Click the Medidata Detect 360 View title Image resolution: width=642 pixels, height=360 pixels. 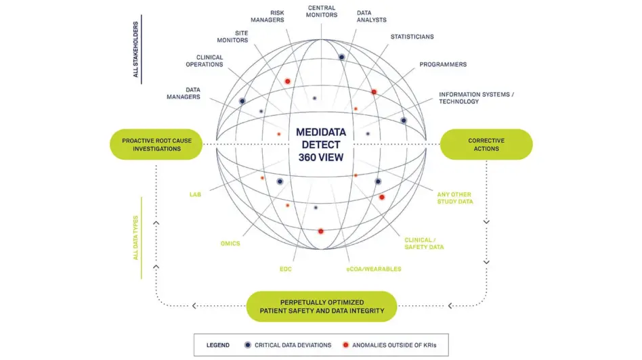(321, 144)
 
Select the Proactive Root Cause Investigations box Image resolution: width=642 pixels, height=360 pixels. (156, 144)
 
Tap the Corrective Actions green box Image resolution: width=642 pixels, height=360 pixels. (486, 144)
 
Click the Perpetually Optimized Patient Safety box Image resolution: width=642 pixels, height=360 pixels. (322, 306)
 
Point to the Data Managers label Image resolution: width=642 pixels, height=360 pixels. (183, 93)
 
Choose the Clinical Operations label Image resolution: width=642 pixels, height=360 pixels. (205, 61)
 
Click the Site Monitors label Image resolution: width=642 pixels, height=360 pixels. (232, 37)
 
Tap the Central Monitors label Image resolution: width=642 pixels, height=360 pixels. (322, 12)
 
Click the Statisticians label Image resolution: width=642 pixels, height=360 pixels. (412, 37)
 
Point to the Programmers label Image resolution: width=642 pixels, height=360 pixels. (442, 64)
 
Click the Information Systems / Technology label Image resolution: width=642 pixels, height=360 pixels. (475, 97)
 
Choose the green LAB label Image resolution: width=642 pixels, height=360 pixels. (195, 195)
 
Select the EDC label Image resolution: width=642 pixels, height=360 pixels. (286, 269)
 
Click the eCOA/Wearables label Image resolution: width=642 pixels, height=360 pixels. (373, 269)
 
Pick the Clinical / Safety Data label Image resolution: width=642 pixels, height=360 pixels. (424, 244)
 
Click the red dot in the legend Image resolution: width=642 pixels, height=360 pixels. (346, 345)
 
